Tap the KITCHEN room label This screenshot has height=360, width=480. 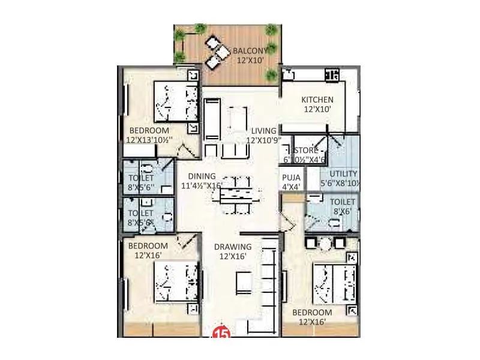317,100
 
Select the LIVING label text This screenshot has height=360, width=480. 263,131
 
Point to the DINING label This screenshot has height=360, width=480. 202,176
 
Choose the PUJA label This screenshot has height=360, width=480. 292,177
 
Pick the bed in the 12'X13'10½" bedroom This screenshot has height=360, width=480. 176,102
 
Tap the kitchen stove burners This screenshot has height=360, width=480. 331,75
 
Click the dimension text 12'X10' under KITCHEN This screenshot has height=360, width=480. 317,110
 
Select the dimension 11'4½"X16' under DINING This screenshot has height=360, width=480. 202,185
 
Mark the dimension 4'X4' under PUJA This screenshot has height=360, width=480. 292,187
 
